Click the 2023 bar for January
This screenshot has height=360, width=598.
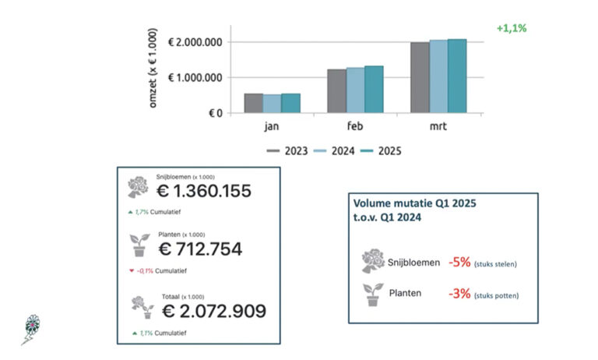click(254, 103)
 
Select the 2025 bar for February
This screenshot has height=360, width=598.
click(374, 90)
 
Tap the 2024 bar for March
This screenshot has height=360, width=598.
click(438, 76)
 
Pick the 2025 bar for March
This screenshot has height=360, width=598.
click(457, 76)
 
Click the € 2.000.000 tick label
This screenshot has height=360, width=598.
click(195, 42)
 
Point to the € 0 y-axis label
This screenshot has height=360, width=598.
click(216, 113)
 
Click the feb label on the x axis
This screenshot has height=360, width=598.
click(355, 125)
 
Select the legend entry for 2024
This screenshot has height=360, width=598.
click(334, 151)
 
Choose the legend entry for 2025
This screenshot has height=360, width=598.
click(381, 151)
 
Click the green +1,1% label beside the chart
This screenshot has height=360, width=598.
click(512, 28)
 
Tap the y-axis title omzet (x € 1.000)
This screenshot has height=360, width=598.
click(153, 68)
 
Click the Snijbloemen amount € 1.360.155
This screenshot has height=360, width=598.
click(204, 191)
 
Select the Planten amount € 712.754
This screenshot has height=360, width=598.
click(200, 249)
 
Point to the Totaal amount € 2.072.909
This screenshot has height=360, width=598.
click(214, 311)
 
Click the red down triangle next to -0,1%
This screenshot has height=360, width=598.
click(132, 270)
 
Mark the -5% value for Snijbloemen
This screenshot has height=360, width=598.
click(459, 262)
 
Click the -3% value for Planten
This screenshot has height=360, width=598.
click(459, 294)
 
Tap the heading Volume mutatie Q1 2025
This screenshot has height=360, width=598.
click(415, 203)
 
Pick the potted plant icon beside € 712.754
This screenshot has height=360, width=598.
click(139, 245)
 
